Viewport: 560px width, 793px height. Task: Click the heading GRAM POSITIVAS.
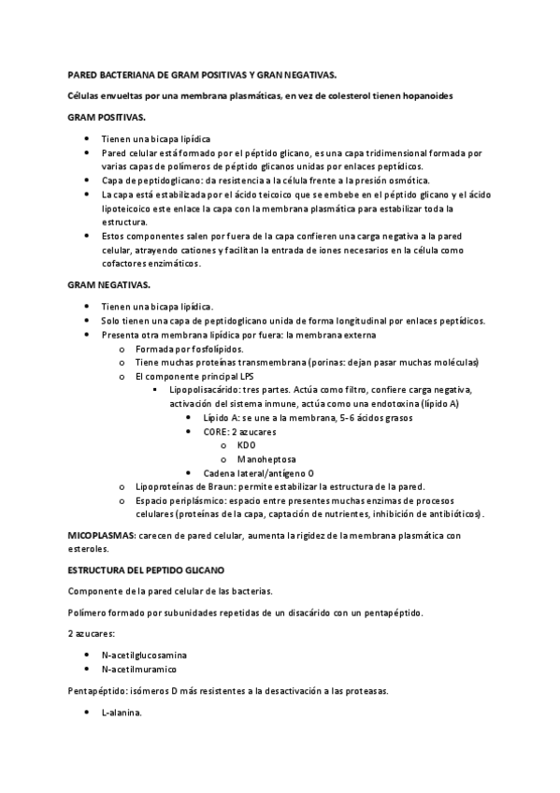tap(107, 120)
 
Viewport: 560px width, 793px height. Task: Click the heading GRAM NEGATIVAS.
tap(108, 283)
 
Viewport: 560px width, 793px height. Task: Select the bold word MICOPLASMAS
tap(101, 536)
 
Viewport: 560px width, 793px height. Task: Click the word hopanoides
tap(424, 96)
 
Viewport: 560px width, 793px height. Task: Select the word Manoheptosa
tap(267, 459)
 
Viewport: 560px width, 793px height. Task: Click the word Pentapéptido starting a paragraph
tap(97, 692)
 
